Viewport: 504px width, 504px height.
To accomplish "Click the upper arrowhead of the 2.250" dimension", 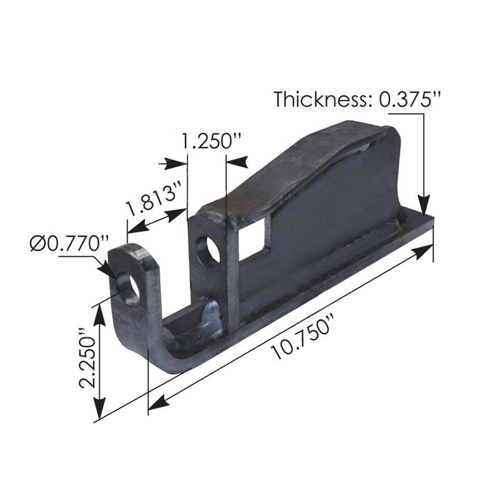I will point(100,313).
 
